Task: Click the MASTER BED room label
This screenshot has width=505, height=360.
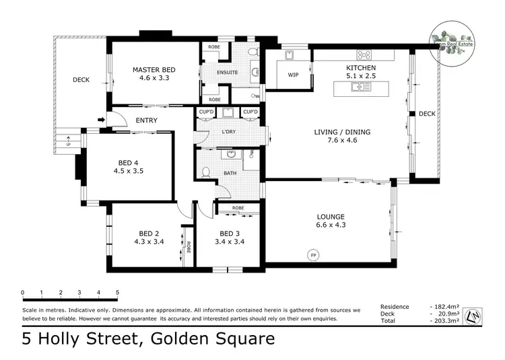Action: (154, 69)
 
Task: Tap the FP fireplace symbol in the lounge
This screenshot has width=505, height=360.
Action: (313, 255)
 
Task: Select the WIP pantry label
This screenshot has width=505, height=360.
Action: (293, 75)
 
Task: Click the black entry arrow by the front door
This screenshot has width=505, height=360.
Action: (102, 120)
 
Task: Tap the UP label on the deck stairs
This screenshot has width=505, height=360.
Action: (67, 144)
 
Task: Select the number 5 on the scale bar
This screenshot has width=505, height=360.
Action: (118, 292)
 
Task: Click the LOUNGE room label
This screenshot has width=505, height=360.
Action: (331, 217)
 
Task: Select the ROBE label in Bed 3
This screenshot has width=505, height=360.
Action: (238, 208)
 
